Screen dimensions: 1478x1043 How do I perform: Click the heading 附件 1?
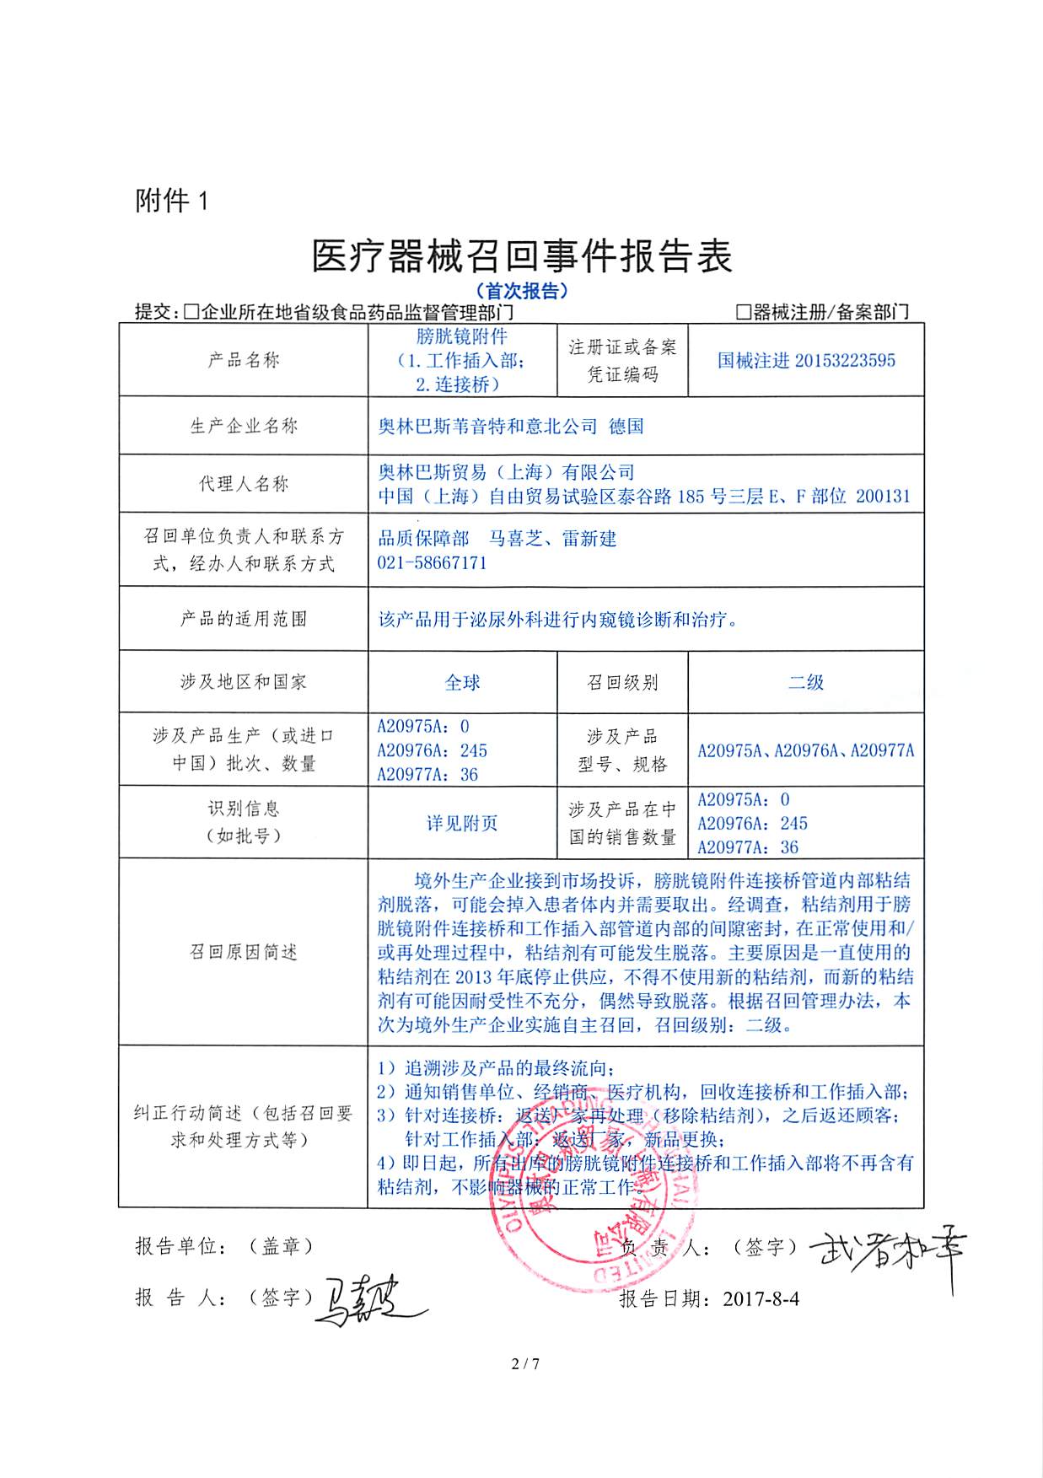pos(171,201)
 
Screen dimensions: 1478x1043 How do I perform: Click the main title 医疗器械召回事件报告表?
pos(521,255)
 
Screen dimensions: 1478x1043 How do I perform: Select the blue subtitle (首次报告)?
pos(521,291)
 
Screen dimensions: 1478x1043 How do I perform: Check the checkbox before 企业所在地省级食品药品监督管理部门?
pos(191,312)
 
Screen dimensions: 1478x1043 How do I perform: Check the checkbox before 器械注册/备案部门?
pos(743,312)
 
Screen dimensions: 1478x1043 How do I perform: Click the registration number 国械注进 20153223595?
pos(806,360)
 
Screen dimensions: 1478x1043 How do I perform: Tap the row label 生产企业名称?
pos(244,426)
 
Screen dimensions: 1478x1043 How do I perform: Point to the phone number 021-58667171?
pos(432,562)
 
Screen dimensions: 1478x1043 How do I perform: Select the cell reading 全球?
pos(462,682)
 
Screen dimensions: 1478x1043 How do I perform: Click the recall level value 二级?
pos(805,682)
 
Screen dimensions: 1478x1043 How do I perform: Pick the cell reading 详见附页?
pos(462,823)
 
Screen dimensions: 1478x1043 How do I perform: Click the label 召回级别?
pos(622,682)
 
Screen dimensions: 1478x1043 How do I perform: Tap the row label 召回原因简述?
pos(244,952)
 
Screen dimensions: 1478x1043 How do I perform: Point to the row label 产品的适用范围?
pos(244,619)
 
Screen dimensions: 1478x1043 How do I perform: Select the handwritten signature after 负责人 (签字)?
pos(890,1253)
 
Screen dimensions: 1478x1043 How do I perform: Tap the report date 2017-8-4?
pos(761,1299)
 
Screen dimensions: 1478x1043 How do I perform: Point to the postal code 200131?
pos(883,496)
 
